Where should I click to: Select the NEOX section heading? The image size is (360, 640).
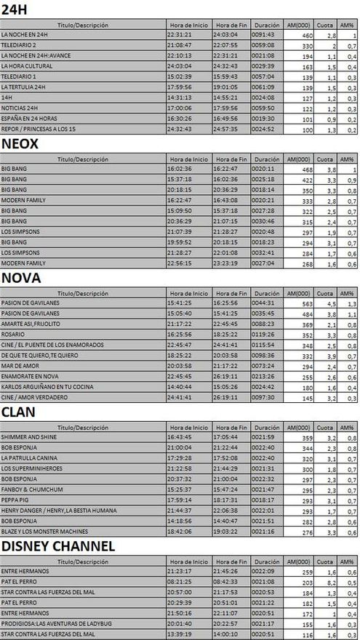[x=20, y=143]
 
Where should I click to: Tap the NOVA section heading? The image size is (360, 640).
[x=21, y=278]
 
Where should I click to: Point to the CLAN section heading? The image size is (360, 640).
[x=20, y=412]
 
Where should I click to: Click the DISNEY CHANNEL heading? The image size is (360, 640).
[x=57, y=546]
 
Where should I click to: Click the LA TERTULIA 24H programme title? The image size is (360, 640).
[x=23, y=87]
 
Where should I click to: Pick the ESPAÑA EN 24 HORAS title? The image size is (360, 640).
[x=28, y=119]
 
